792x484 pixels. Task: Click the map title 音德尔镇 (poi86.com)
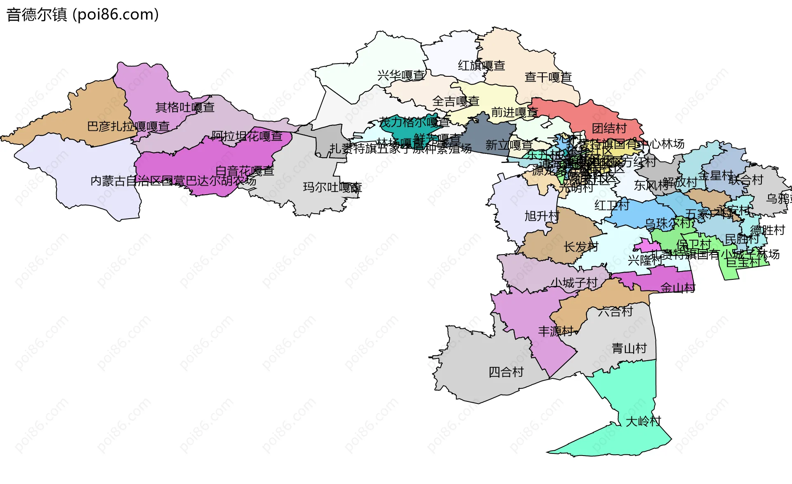82,15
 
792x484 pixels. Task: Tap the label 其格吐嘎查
185,108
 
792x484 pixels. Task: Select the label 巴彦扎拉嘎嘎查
128,127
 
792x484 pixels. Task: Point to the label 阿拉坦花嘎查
247,136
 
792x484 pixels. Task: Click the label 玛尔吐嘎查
332,187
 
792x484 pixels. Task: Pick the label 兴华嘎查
401,76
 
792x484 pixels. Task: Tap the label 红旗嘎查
481,66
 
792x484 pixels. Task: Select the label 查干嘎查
548,77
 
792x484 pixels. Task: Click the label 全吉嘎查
455,101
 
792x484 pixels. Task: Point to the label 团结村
609,128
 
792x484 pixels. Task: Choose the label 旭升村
542,216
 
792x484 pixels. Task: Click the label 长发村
581,247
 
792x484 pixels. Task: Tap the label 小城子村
574,283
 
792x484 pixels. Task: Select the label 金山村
678,288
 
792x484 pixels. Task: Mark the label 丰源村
556,331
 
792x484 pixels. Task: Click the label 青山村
629,348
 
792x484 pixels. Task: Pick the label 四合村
506,372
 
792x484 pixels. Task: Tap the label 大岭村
643,421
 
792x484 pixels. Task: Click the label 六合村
615,311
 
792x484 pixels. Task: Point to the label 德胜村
767,230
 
